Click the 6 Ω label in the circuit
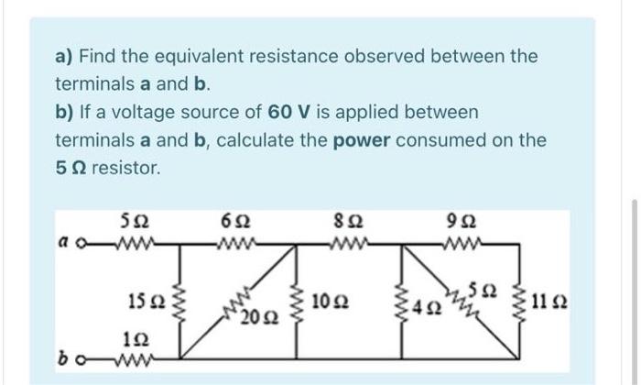(x=232, y=222)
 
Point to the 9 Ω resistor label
(x=467, y=222)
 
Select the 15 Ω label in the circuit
(x=144, y=300)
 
